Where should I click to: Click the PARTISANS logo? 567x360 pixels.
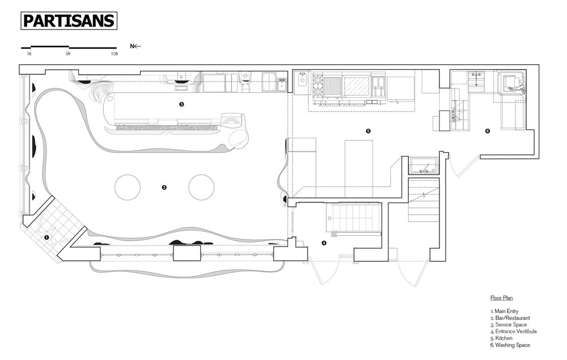[x=69, y=20]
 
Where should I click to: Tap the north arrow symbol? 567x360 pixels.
[x=136, y=46]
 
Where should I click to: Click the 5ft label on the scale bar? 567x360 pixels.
[x=68, y=54]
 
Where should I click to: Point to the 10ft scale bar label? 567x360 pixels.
[x=115, y=54]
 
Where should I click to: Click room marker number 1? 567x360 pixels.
[x=46, y=238]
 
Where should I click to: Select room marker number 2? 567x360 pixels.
[x=164, y=187]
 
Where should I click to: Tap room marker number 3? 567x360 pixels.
[x=181, y=104]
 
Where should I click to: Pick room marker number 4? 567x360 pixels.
[x=324, y=243]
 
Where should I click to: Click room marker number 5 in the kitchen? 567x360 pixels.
[x=368, y=131]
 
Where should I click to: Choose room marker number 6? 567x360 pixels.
[x=488, y=131]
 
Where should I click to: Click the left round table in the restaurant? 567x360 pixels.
[x=127, y=187]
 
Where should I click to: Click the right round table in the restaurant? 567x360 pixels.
[x=201, y=187]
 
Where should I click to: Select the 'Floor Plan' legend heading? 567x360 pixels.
[x=502, y=298]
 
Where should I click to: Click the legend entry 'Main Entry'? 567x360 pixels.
[x=505, y=311]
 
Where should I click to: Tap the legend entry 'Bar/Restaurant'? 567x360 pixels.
[x=510, y=318]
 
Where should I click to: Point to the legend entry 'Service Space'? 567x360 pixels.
[x=509, y=325]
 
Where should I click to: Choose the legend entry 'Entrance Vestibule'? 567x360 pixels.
[x=514, y=332]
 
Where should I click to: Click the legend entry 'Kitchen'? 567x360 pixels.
[x=501, y=338]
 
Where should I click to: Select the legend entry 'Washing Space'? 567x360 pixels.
[x=510, y=345]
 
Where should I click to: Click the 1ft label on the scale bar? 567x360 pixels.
[x=29, y=54]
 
